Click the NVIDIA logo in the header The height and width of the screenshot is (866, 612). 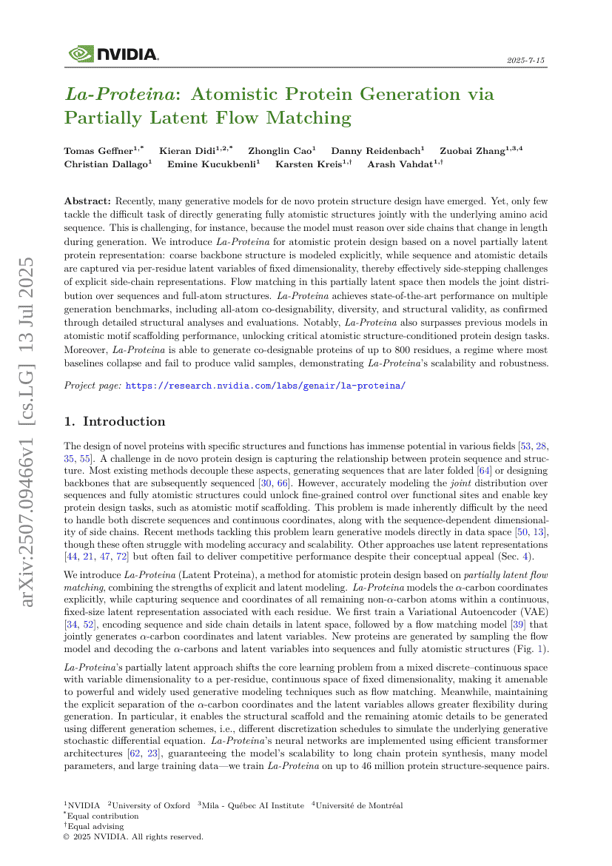tap(113, 54)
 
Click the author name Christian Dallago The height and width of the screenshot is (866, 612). tap(105, 164)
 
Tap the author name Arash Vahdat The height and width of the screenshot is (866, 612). tap(401, 164)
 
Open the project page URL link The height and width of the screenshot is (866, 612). tap(266, 386)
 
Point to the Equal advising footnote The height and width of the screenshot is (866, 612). tap(95, 826)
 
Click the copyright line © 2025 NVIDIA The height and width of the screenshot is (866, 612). tap(133, 836)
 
